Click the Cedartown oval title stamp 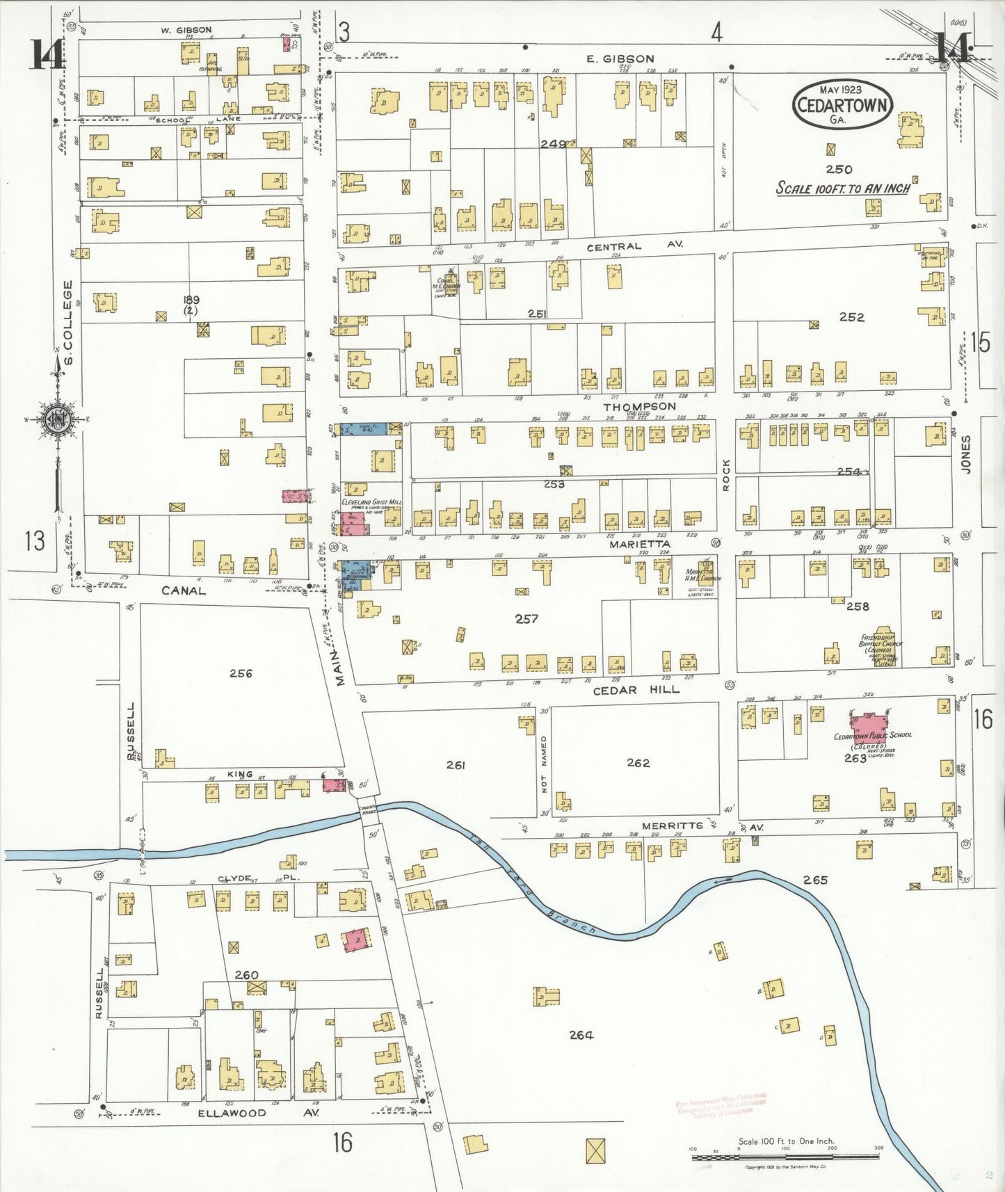[x=842, y=105]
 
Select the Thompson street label [x=639, y=406]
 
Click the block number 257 [x=526, y=618]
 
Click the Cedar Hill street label [x=636, y=690]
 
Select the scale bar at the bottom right [x=785, y=1157]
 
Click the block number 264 [x=581, y=1036]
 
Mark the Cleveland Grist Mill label [x=371, y=502]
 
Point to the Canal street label [x=184, y=590]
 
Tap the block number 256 [x=241, y=673]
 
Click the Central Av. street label [x=634, y=246]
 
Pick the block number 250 [x=839, y=169]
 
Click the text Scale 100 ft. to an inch [x=843, y=188]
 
